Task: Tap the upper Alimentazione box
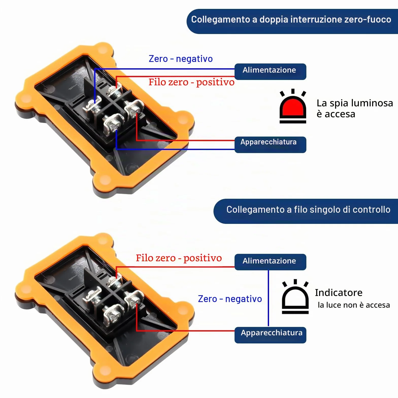(x=270, y=72)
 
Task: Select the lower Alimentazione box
(x=270, y=262)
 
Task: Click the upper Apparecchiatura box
(x=270, y=145)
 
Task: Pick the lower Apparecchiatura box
(x=270, y=335)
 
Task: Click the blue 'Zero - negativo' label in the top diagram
(x=181, y=59)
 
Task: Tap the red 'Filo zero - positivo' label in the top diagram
(x=191, y=82)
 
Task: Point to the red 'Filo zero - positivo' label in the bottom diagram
(x=179, y=258)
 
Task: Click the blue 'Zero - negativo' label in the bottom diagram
(x=230, y=299)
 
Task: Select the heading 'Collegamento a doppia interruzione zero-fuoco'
(x=291, y=20)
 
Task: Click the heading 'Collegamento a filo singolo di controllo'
(x=308, y=210)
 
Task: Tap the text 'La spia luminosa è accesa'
(x=355, y=108)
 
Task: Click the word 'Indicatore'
(x=339, y=293)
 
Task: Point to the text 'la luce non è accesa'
(x=354, y=305)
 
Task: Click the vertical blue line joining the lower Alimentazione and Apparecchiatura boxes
(x=268, y=298)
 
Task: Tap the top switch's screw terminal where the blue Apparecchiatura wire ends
(x=113, y=123)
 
